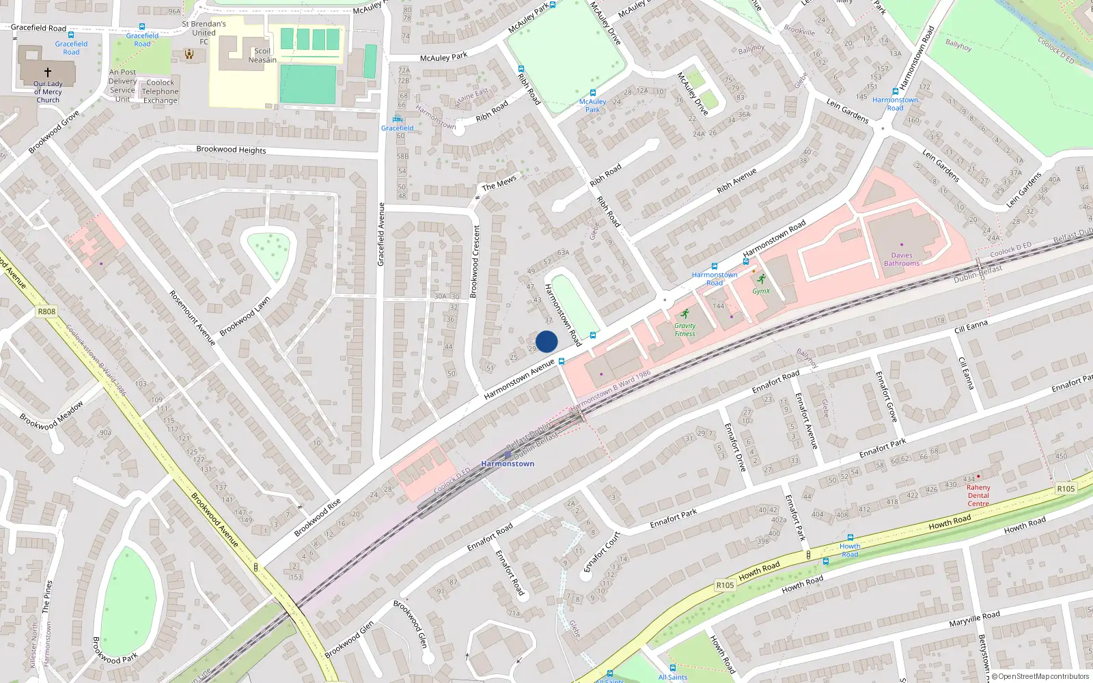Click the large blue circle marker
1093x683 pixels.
click(x=546, y=341)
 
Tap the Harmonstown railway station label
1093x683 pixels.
click(x=508, y=464)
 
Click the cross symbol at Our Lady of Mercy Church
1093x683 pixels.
click(x=48, y=72)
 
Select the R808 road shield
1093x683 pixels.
click(x=46, y=311)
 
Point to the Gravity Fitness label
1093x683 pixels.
click(x=684, y=330)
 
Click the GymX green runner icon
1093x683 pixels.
click(x=761, y=279)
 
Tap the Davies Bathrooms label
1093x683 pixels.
click(x=902, y=260)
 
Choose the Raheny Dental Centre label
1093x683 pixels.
click(x=978, y=496)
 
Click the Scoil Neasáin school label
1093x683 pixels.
click(x=262, y=55)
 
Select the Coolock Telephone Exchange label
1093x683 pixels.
click(x=161, y=92)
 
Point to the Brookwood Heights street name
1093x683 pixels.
click(x=231, y=150)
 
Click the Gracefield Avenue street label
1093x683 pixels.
click(x=381, y=234)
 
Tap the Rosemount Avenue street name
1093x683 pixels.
click(x=192, y=318)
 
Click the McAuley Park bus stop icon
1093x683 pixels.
click(x=592, y=93)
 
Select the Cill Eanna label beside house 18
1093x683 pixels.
click(x=971, y=326)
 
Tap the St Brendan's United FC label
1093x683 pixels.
click(x=204, y=32)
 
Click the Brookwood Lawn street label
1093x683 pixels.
click(x=245, y=316)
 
